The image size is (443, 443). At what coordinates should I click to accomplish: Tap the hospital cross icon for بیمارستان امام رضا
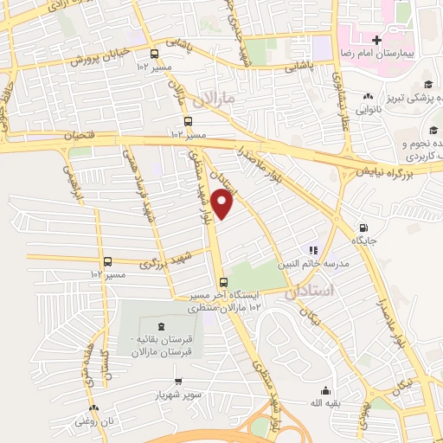pyautogui.click(x=376, y=40)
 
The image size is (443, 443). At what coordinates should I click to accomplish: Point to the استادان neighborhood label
pyautogui.click(x=308, y=293)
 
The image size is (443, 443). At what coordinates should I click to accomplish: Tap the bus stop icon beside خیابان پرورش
pyautogui.click(x=154, y=53)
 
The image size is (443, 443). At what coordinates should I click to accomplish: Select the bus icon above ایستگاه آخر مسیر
pyautogui.click(x=224, y=282)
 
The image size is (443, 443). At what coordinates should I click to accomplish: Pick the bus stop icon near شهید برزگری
pyautogui.click(x=108, y=261)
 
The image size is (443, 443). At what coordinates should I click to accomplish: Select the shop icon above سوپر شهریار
pyautogui.click(x=177, y=381)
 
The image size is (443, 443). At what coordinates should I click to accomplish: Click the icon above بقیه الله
pyautogui.click(x=325, y=390)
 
